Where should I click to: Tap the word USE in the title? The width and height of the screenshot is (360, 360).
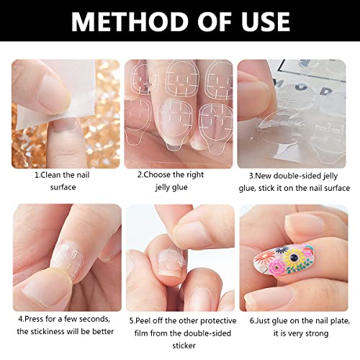coord(266,22)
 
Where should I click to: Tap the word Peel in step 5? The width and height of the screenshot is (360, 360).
coord(143,320)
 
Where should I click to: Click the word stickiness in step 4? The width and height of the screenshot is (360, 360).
coord(48,331)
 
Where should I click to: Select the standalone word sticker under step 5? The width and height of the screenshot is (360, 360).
coord(184,346)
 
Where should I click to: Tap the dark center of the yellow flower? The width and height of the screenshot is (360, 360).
coord(293,258)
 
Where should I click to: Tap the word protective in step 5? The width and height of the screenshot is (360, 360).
coord(218,321)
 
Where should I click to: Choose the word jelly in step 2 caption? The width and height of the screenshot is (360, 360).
coord(163,187)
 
